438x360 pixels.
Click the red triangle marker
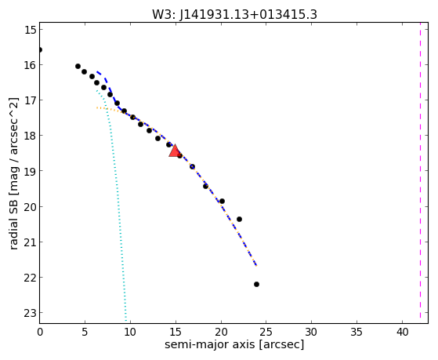[175, 151]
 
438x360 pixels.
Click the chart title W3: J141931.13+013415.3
[234, 14]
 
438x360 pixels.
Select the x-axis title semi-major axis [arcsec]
[234, 344]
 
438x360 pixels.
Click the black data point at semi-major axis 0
[40, 49]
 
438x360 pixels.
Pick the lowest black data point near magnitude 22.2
[256, 284]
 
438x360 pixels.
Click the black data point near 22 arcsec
[239, 219]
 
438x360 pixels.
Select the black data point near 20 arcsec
[222, 201]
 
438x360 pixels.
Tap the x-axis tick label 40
[402, 332]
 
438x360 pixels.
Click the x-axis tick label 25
[266, 332]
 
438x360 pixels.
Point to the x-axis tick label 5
[85, 332]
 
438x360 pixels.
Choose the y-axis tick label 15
[31, 30]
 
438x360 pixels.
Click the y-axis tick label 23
[31, 313]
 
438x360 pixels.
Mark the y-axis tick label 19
[31, 171]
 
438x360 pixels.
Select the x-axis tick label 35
[357, 332]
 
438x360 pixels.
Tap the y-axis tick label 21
[31, 242]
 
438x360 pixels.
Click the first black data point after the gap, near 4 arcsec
[78, 67]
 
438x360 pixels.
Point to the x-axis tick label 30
[312, 332]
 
